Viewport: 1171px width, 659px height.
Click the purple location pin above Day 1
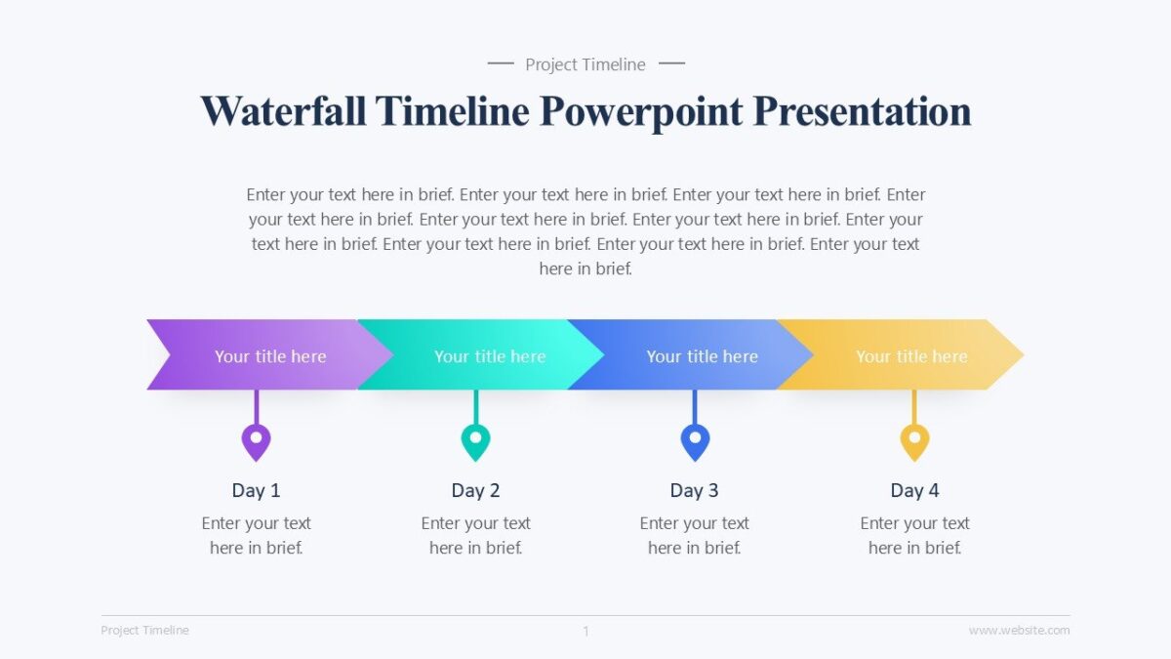tap(256, 441)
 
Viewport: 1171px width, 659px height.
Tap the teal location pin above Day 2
tap(475, 441)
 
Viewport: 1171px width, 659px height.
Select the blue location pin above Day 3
tap(695, 441)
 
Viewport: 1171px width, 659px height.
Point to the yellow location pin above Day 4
tap(914, 441)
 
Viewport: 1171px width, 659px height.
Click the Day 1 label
tap(256, 490)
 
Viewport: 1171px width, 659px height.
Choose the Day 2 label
tap(475, 490)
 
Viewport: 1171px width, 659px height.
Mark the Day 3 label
tap(694, 490)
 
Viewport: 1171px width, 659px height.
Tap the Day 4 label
tap(914, 490)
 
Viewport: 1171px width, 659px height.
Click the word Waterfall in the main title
tap(283, 111)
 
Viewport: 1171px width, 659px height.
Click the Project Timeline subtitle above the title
tap(585, 64)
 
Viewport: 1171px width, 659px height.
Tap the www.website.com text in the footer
tap(1019, 631)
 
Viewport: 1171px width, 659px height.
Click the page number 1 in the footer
tap(585, 632)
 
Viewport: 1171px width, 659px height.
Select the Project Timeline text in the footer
tap(144, 631)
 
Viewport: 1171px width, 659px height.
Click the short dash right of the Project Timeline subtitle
tap(671, 64)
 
